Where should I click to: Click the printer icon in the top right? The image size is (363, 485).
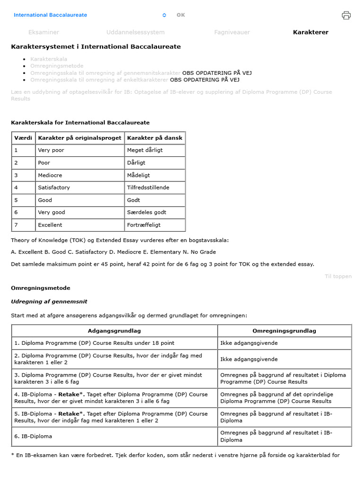tap(346, 15)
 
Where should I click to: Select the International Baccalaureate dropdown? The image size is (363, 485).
tap(90, 15)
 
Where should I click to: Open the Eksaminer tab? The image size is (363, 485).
tap(43, 32)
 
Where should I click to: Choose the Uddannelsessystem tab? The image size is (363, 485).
tap(135, 32)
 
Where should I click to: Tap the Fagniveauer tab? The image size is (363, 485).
tap(232, 32)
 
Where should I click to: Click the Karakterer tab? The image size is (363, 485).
tap(310, 32)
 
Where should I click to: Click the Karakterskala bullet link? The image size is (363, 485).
tap(49, 59)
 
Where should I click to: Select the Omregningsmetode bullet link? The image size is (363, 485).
tap(57, 66)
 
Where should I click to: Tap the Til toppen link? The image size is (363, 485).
tap(338, 276)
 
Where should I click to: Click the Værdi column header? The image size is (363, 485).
tap(23, 138)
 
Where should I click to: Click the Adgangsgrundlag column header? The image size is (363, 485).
tap(114, 331)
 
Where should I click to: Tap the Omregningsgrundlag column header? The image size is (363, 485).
tap(284, 331)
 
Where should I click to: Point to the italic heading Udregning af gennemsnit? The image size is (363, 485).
tap(49, 302)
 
